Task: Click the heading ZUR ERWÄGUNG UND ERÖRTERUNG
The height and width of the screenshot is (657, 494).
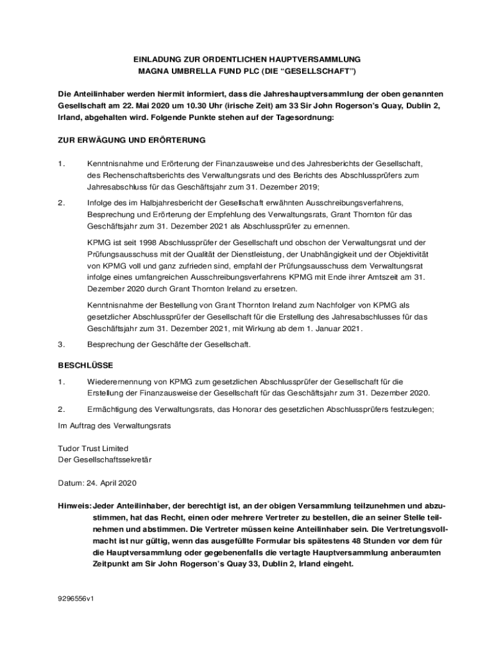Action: pos(132,140)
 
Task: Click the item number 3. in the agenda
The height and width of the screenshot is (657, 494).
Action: pos(62,345)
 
